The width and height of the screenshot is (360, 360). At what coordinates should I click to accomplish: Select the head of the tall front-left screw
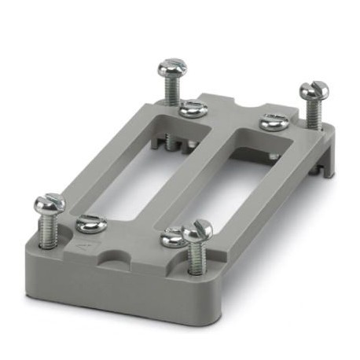(49, 205)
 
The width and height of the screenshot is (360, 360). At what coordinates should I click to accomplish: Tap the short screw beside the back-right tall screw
(273, 122)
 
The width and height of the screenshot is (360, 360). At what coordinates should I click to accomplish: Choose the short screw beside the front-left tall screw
(90, 226)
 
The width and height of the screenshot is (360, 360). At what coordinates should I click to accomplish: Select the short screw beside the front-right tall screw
(171, 237)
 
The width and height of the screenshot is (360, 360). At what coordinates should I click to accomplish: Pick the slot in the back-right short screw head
(273, 120)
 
